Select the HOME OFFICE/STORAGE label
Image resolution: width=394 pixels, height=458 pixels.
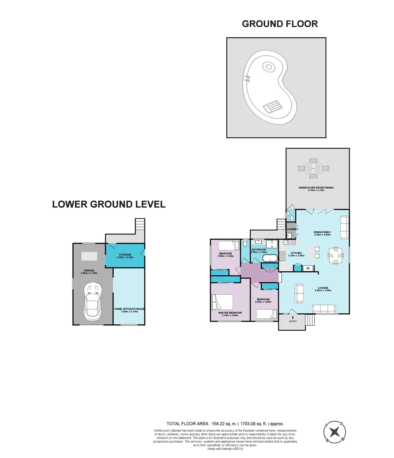point(130,309)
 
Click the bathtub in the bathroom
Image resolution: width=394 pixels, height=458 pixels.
point(270,258)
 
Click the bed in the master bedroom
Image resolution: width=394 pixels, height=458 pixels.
point(223,302)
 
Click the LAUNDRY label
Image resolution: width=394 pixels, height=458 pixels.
point(292,229)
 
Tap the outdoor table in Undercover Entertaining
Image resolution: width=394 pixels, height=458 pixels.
point(314,168)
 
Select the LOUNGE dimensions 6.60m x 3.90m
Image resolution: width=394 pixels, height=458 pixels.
point(322,290)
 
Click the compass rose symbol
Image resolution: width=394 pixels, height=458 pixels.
point(334,432)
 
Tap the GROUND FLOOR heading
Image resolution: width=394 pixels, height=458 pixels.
point(280,24)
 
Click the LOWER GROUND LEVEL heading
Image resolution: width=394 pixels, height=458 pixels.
point(108,204)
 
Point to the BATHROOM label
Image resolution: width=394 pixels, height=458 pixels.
point(258,249)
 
